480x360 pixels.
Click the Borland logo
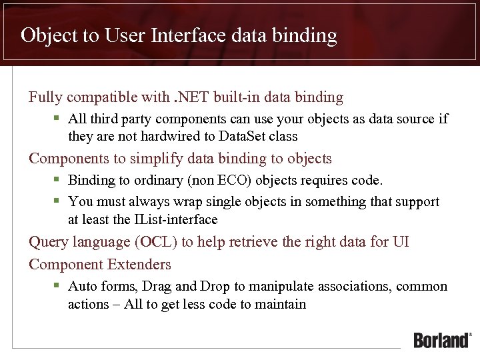(x=442, y=339)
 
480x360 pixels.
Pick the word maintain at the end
(x=280, y=305)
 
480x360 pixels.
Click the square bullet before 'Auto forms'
(x=57, y=286)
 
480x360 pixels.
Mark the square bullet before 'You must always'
(x=57, y=201)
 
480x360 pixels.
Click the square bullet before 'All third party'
(x=57, y=119)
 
